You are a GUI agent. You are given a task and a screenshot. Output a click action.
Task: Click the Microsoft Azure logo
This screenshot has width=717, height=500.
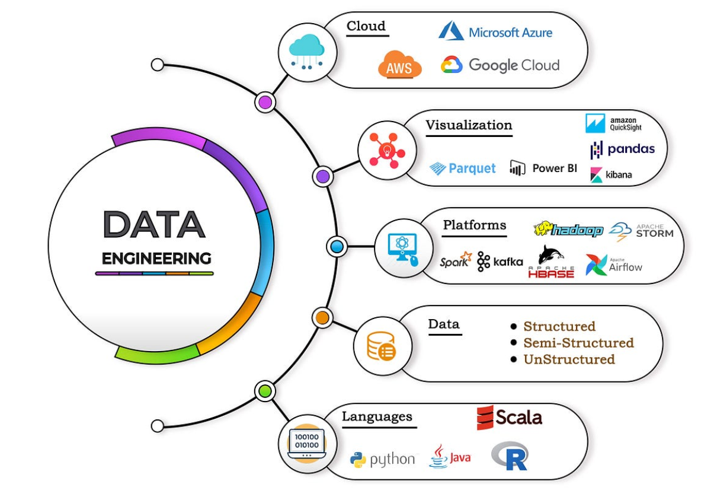coord(495,31)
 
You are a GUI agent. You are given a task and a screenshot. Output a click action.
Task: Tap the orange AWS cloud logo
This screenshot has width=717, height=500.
coord(400,65)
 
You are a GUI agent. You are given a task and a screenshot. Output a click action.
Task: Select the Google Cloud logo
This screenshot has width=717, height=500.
coord(500,65)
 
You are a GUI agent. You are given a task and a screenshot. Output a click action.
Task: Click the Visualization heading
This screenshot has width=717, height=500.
coord(469,125)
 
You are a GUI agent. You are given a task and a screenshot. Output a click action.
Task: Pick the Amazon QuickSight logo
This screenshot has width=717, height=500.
coord(613,123)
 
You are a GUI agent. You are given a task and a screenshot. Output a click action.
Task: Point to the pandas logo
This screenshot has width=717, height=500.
coord(622,149)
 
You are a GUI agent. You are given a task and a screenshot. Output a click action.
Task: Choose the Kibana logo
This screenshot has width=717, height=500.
coord(611,175)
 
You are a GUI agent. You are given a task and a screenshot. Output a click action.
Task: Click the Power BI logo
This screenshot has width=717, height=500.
coord(543,168)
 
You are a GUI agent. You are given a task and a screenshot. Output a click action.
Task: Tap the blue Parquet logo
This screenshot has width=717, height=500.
coord(463,168)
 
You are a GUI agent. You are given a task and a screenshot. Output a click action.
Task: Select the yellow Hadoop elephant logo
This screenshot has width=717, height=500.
coord(568,230)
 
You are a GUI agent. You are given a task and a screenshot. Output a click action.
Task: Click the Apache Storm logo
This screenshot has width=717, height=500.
coord(641,231)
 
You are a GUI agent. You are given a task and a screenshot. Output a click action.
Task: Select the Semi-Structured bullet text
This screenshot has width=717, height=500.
coord(578,343)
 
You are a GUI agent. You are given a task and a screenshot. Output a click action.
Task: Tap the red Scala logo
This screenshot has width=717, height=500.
coord(510,418)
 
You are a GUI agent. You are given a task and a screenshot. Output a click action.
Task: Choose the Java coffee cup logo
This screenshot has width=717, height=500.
coord(450,457)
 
